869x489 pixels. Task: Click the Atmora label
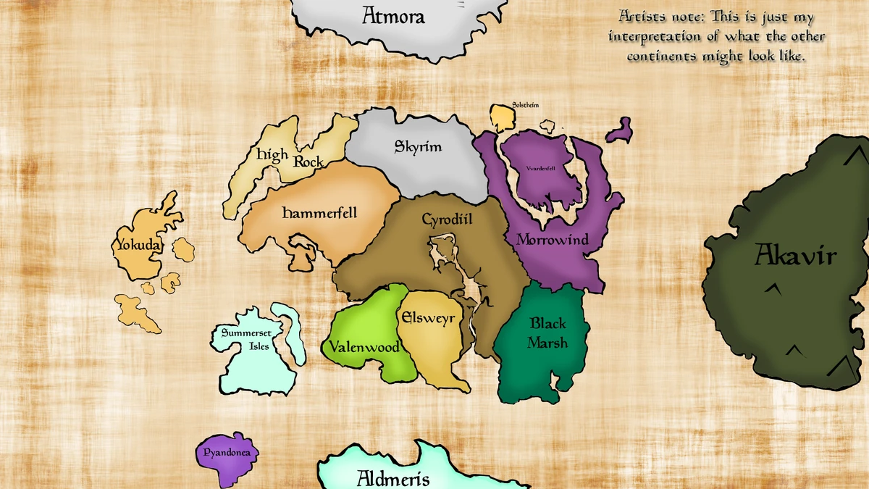point(393,16)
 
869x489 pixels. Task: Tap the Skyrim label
point(418,147)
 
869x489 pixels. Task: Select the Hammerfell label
point(319,213)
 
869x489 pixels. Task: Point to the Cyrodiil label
point(447,218)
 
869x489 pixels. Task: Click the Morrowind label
point(552,239)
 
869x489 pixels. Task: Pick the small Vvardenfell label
point(540,168)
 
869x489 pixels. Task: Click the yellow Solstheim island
point(501,117)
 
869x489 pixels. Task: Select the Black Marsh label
point(547,333)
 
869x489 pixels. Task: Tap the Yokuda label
point(138,246)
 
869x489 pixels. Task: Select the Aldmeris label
point(393,478)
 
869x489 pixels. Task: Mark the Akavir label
point(795,255)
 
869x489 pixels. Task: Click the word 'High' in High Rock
point(272,154)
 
